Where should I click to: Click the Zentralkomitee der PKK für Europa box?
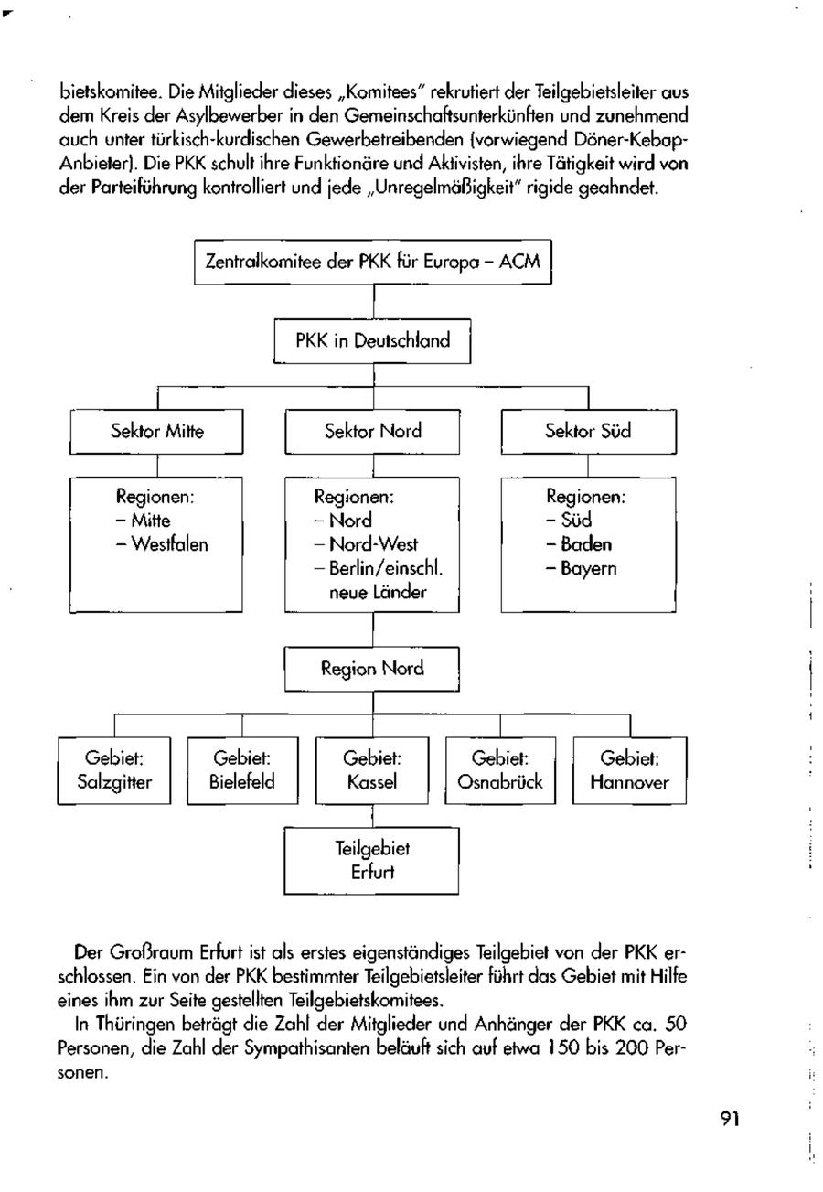pyautogui.click(x=374, y=262)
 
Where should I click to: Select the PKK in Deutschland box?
pyautogui.click(x=372, y=341)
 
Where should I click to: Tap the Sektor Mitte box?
pyautogui.click(x=157, y=431)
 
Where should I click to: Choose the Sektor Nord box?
pyautogui.click(x=372, y=431)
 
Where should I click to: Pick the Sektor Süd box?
pyautogui.click(x=588, y=431)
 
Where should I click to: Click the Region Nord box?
pyautogui.click(x=372, y=669)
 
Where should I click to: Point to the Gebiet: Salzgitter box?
pyautogui.click(x=114, y=770)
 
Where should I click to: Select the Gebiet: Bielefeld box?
pyautogui.click(x=242, y=770)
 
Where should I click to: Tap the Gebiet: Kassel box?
pyautogui.click(x=372, y=770)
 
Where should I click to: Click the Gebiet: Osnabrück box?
pyautogui.click(x=500, y=770)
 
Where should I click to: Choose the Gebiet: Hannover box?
pyautogui.click(x=629, y=770)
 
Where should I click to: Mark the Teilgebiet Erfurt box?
pyautogui.click(x=372, y=860)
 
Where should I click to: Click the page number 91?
pyautogui.click(x=730, y=1118)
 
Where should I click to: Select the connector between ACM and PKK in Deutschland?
pyautogui.click(x=374, y=301)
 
